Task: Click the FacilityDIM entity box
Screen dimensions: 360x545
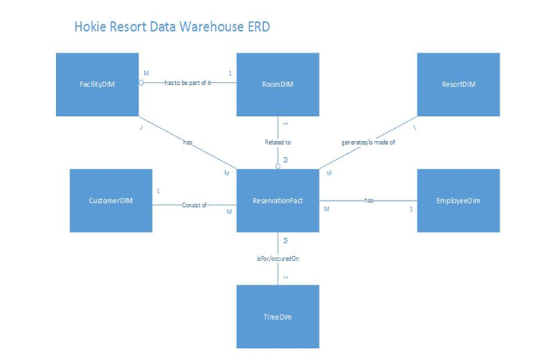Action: [x=97, y=84]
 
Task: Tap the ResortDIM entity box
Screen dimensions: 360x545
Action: [x=458, y=84]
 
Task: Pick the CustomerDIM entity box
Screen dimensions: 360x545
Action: [x=111, y=201]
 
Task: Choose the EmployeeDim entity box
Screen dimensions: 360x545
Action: [x=458, y=201]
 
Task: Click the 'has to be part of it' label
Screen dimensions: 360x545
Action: [x=187, y=83]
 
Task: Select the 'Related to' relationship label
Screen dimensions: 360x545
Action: [x=277, y=142]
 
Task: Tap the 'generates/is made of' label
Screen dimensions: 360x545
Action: [x=369, y=142]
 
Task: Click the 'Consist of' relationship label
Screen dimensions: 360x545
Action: [x=194, y=205]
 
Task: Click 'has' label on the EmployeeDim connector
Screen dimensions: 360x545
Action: [x=368, y=201]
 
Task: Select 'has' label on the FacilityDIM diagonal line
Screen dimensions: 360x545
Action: [x=188, y=142]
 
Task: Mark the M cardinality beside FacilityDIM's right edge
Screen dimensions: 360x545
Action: [x=146, y=74]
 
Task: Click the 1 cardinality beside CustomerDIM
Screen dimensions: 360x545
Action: [x=158, y=191]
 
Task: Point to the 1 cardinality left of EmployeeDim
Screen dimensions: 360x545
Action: [x=411, y=208]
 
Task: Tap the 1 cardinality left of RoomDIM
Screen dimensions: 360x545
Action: [x=230, y=74]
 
